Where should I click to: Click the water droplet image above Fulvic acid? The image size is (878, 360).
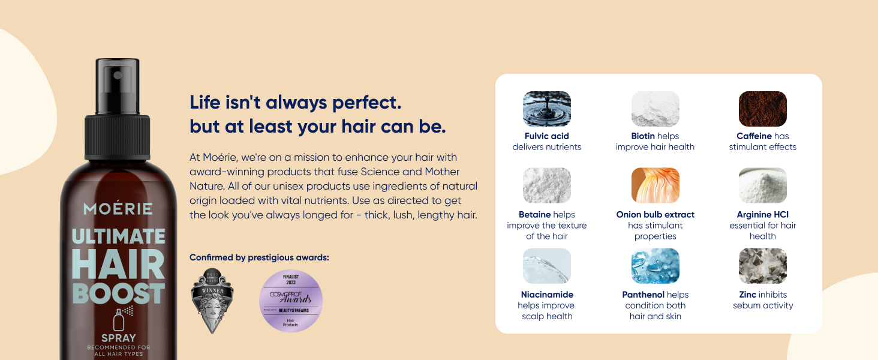[546, 109]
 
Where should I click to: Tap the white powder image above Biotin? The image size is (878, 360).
[655, 109]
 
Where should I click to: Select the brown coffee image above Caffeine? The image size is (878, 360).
[762, 109]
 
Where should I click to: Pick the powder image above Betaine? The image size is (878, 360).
[546, 185]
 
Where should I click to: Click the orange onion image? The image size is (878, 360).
[655, 185]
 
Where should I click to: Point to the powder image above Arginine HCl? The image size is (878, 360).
[762, 185]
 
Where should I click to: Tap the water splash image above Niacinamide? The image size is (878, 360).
[546, 266]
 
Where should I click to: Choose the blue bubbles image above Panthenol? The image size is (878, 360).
[655, 266]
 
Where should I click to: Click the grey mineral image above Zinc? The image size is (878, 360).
[762, 266]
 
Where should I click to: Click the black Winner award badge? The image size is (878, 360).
[212, 300]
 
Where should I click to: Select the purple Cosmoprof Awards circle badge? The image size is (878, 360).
[291, 301]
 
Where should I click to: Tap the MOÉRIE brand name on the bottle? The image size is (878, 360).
[118, 209]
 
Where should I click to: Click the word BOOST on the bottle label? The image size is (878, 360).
[118, 293]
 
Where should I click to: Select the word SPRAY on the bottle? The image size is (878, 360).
[118, 338]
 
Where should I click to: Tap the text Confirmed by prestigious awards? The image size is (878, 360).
[259, 258]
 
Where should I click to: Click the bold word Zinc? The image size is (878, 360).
[747, 295]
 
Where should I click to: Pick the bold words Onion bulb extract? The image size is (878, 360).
[655, 215]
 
